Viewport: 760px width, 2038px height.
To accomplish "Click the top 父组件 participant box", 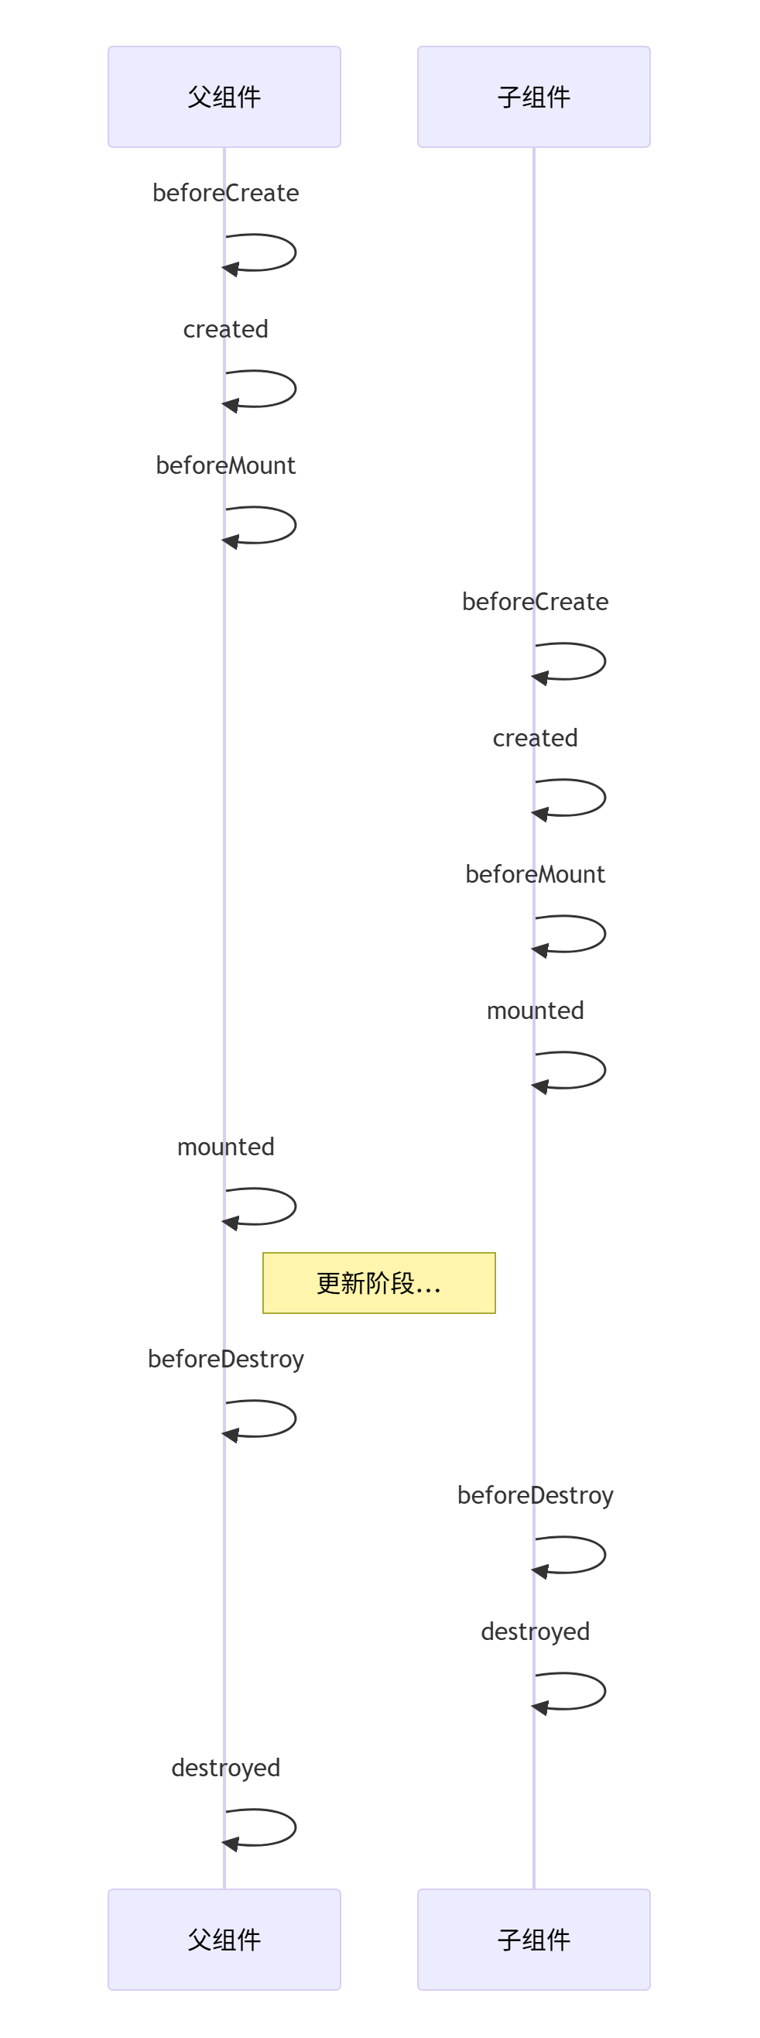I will pyautogui.click(x=224, y=97).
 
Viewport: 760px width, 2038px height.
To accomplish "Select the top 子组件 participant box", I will pyautogui.click(x=534, y=97).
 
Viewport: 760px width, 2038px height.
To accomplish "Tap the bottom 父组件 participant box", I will pyautogui.click(x=224, y=1939).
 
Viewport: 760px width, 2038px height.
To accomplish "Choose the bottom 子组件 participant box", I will pyautogui.click(x=534, y=1939).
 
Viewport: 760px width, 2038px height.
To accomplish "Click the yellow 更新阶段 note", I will pyautogui.click(x=378, y=1282).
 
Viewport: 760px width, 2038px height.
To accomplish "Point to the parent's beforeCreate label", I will pyautogui.click(x=225, y=193).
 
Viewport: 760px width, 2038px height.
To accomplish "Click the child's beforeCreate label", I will pyautogui.click(x=536, y=602).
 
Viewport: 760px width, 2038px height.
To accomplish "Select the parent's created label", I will pyautogui.click(x=225, y=329).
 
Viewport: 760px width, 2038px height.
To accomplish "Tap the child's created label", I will pyautogui.click(x=536, y=737).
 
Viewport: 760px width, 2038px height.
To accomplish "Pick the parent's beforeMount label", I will pyautogui.click(x=225, y=465).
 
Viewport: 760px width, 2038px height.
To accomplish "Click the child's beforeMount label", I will pyautogui.click(x=536, y=873).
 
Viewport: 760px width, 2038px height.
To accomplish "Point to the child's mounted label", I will pyautogui.click(x=536, y=1010).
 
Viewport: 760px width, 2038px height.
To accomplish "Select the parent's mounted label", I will pyautogui.click(x=225, y=1146).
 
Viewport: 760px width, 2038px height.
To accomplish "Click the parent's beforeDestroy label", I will pyautogui.click(x=225, y=1358).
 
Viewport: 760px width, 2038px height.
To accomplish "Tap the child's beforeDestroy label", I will pyautogui.click(x=536, y=1494).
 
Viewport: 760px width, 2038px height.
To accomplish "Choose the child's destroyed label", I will pyautogui.click(x=536, y=1631).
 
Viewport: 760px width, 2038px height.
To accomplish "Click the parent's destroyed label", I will pyautogui.click(x=225, y=1767).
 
